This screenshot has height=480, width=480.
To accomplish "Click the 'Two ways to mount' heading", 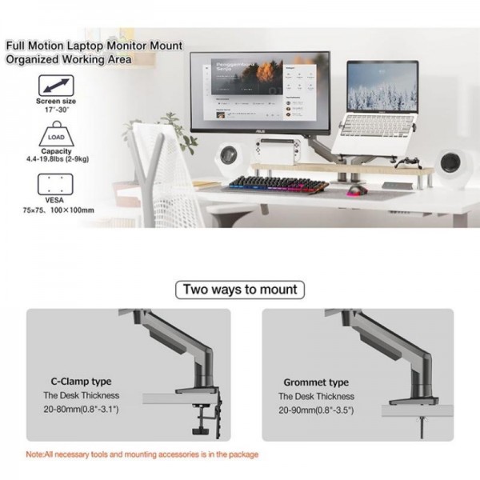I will coord(240,290).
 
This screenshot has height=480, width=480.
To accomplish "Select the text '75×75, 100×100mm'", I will coord(60,210).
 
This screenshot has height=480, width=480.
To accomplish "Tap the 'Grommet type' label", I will coord(316,382).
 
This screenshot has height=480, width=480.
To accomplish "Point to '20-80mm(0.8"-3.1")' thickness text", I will coord(81,409).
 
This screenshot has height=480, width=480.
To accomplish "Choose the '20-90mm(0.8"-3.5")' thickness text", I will coord(315,409).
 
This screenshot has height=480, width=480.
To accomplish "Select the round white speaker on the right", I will coord(458,164).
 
